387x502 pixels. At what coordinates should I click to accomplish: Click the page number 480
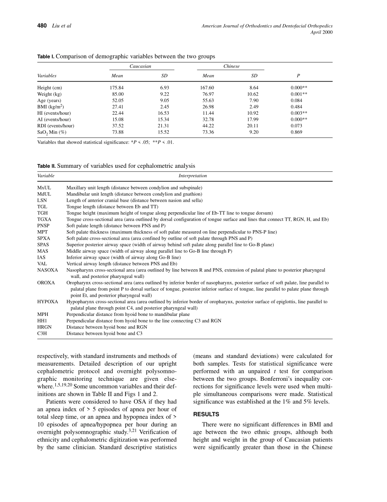[x=42, y=26]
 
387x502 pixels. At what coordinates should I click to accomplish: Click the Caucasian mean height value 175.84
[x=117, y=88]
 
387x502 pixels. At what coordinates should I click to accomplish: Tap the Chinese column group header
[x=231, y=66]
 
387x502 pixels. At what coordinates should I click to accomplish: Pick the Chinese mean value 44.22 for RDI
[x=208, y=126]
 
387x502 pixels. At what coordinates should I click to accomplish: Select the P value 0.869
[x=296, y=132]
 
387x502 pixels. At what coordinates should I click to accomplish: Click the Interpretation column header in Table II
[x=193, y=176]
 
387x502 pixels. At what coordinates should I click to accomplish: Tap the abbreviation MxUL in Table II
[x=44, y=188]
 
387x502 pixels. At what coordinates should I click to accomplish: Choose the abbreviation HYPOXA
[x=48, y=302]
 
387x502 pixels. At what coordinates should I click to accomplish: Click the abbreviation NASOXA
[x=48, y=270]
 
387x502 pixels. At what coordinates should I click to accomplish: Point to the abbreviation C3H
[x=42, y=333]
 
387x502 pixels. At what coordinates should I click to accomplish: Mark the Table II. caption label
[x=46, y=166]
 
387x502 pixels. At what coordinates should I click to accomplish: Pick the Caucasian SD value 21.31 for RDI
[x=163, y=126]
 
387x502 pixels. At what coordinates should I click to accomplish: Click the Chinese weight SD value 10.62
[x=253, y=94]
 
